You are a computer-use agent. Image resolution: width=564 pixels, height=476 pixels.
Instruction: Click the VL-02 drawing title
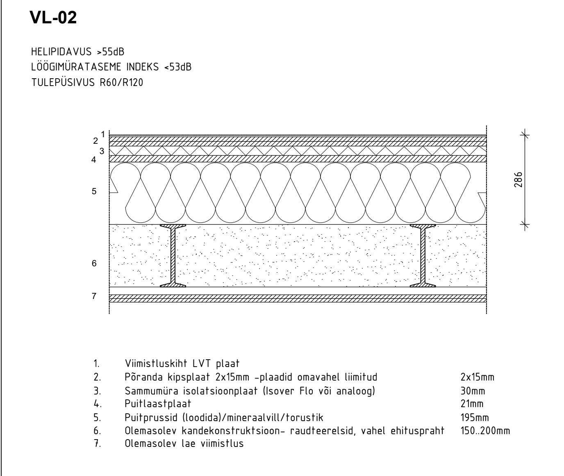pos(53,18)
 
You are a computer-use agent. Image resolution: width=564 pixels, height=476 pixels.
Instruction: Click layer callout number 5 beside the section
pos(94,191)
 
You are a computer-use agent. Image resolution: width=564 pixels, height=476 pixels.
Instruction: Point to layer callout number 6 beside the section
pos(94,263)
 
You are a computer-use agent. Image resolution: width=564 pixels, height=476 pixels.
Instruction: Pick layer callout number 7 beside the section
pos(94,296)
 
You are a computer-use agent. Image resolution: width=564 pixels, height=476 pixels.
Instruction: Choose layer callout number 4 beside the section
pos(94,160)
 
